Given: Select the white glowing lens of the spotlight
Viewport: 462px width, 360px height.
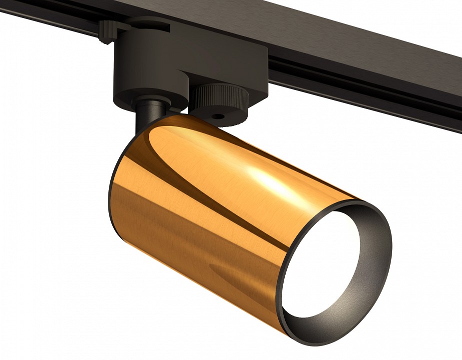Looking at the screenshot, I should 320,265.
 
